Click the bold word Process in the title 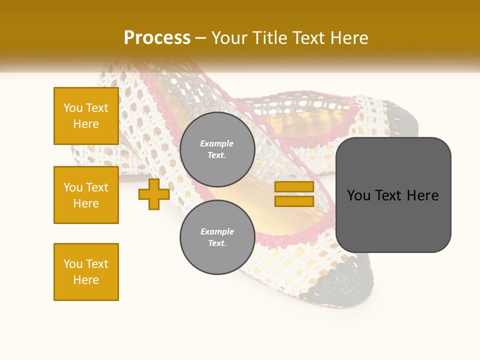(157, 38)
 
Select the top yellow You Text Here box (86, 116)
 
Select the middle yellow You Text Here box (86, 195)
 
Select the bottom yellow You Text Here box (86, 272)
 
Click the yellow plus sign (154, 194)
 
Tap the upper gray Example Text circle (217, 149)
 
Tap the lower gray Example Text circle (217, 237)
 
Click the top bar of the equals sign (294, 186)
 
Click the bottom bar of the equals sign (294, 201)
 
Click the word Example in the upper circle (217, 143)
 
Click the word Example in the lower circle (217, 231)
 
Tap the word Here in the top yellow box (86, 124)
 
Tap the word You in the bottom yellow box (73, 264)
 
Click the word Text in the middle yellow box (96, 187)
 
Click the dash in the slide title (201, 38)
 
